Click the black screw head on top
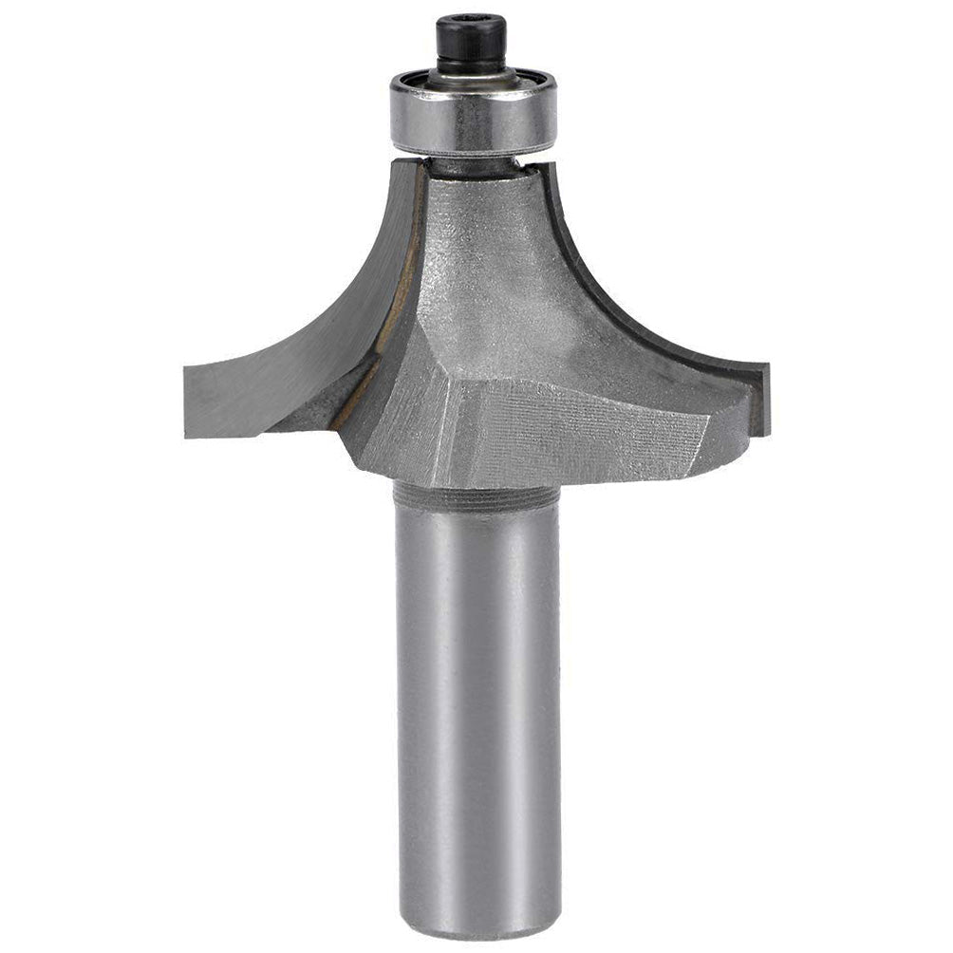[471, 43]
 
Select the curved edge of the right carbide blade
[617, 304]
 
